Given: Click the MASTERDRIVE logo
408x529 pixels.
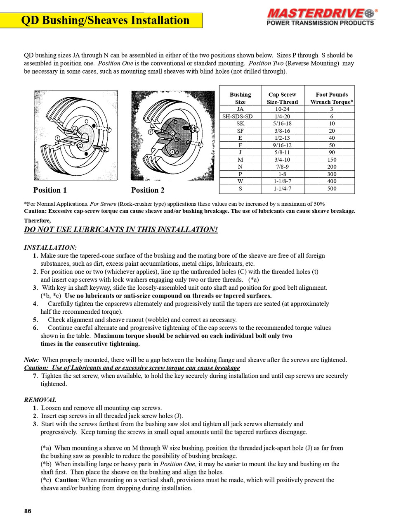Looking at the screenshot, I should click(x=320, y=17).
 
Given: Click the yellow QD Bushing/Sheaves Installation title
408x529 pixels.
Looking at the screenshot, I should click(x=105, y=20).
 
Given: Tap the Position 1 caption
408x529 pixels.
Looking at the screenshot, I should click(x=50, y=190).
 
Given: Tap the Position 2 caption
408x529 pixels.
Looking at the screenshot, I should click(x=148, y=190).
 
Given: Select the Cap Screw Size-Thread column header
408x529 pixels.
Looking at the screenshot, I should click(x=282, y=98).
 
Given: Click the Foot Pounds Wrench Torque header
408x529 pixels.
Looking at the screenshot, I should click(x=331, y=98).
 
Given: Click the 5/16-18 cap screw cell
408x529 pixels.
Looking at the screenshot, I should click(x=282, y=124).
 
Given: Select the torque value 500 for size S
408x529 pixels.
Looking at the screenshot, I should click(x=331, y=188).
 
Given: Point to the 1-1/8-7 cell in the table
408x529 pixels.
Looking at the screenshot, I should click(x=282, y=181).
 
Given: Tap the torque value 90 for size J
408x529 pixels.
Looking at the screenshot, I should click(x=331, y=153).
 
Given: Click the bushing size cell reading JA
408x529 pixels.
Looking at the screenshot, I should click(x=240, y=109).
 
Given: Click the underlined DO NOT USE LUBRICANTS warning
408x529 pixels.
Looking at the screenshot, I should click(x=120, y=230).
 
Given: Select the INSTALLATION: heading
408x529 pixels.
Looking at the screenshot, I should click(x=50, y=248).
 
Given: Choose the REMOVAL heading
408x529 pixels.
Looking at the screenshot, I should click(x=40, y=400).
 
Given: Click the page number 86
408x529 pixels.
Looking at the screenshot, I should click(x=28, y=511).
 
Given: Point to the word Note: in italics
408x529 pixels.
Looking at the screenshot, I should click(x=32, y=360).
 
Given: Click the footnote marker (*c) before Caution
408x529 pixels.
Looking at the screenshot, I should click(x=46, y=480).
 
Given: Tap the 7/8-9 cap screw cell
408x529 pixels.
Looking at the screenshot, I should click(x=282, y=167).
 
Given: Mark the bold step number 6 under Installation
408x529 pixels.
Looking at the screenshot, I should click(x=35, y=328).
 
